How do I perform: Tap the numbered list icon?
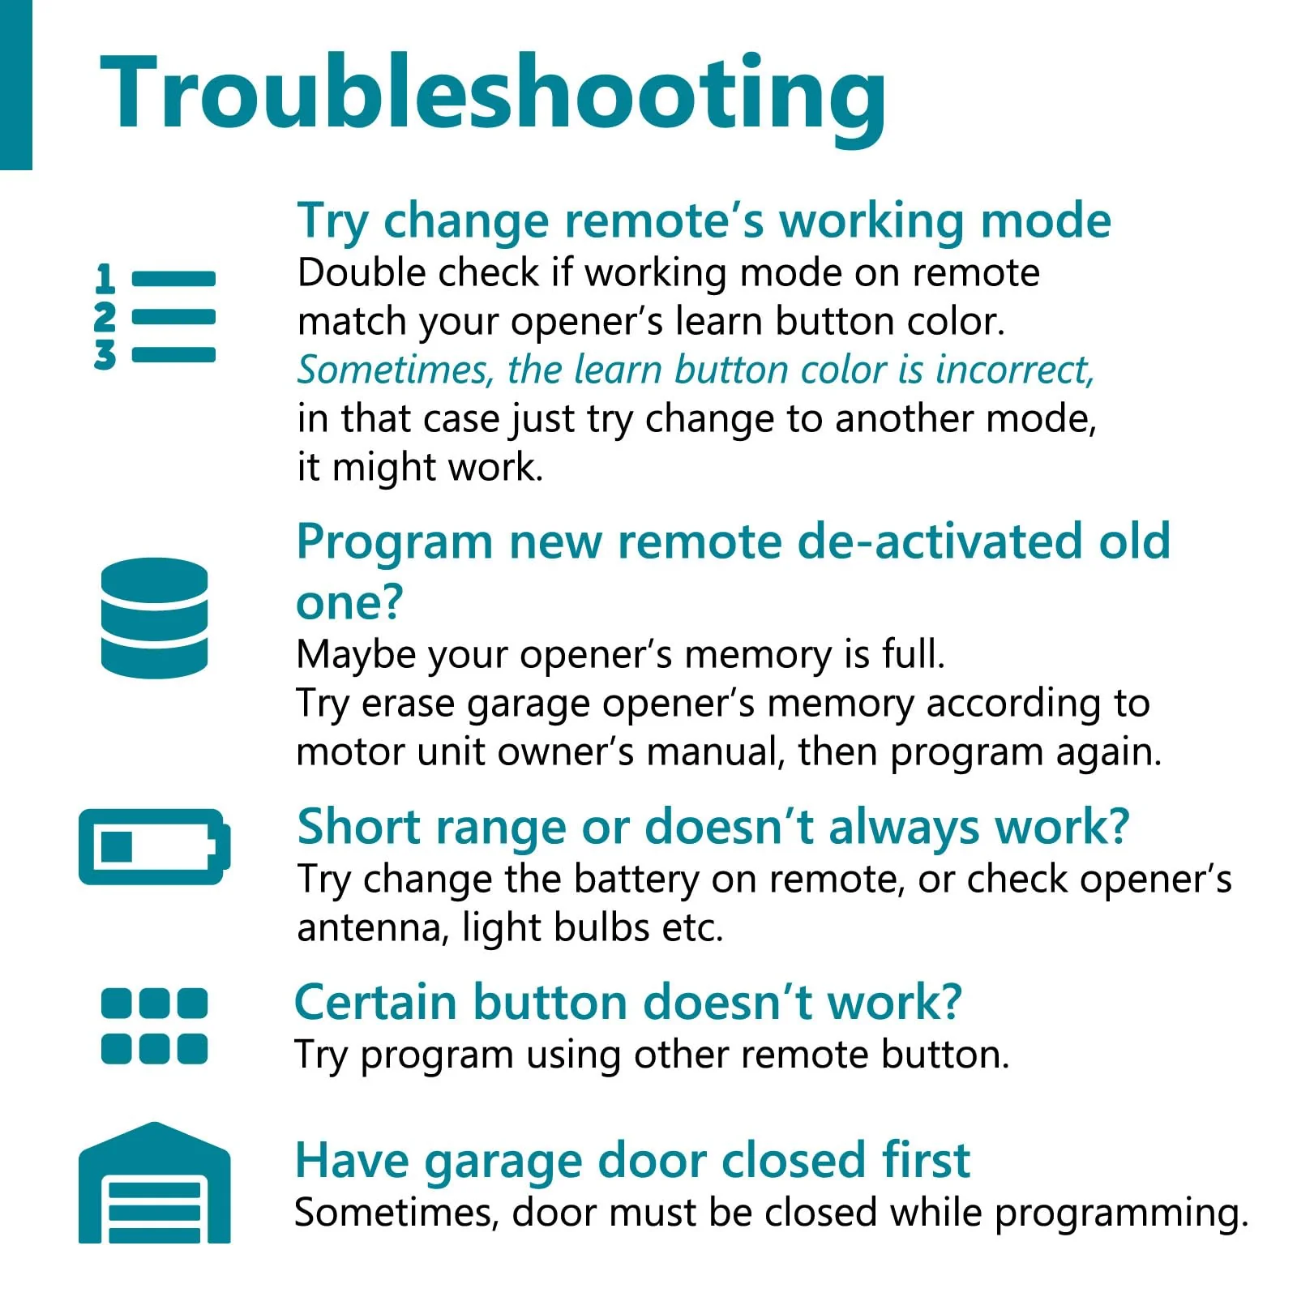click(x=155, y=317)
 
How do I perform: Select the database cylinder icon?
click(x=154, y=618)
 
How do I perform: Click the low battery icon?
click(x=154, y=846)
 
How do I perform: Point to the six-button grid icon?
click(x=154, y=1025)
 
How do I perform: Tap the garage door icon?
click(x=154, y=1183)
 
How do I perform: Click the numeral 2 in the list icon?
click(x=105, y=317)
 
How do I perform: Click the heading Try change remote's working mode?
click(x=704, y=221)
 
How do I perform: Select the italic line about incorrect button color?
click(x=696, y=370)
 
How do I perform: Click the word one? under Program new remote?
click(x=349, y=603)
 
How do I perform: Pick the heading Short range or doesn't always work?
click(x=713, y=828)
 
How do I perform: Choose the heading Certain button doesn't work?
click(x=628, y=1003)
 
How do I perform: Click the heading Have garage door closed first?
click(x=632, y=1162)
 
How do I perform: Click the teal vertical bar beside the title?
click(x=15, y=85)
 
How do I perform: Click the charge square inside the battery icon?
click(x=117, y=846)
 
